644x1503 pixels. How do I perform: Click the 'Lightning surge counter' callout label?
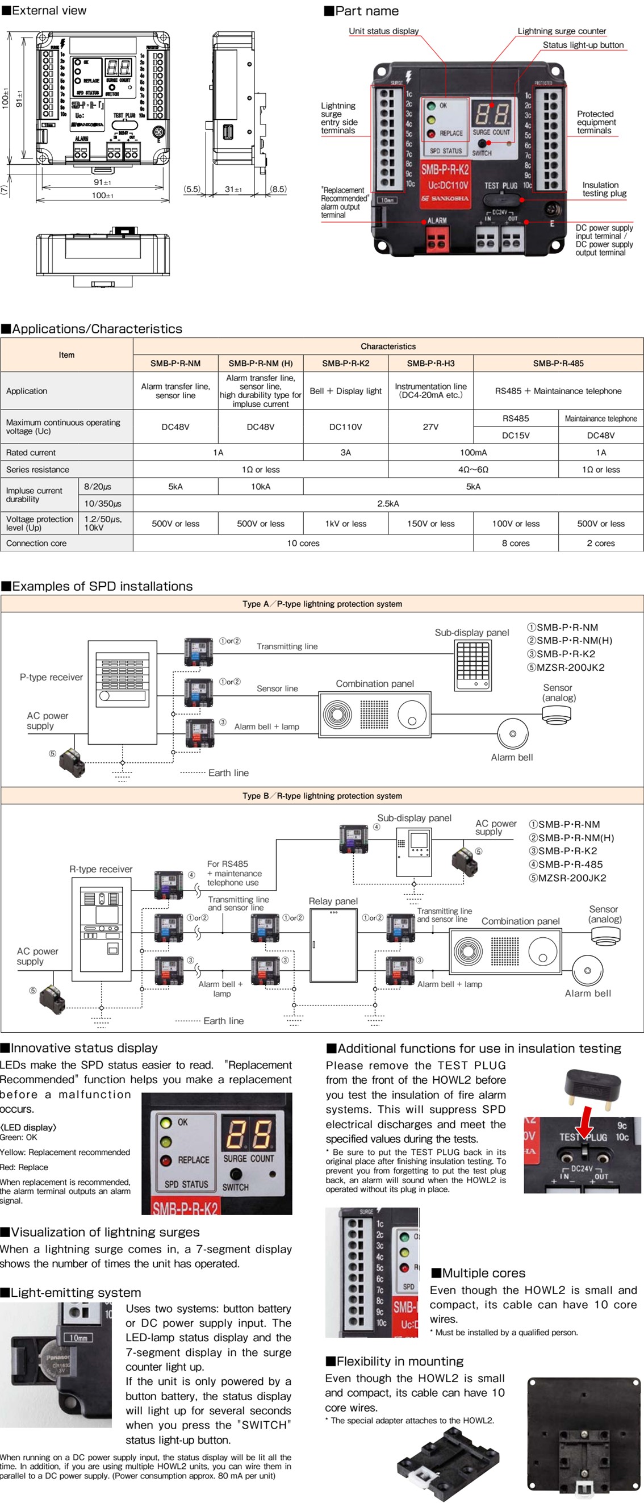pos(561,31)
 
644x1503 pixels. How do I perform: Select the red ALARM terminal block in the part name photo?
pos(437,237)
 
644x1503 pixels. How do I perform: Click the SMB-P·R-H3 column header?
pos(430,363)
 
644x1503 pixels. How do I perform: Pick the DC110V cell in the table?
pos(345,427)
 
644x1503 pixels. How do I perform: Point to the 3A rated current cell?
pos(345,452)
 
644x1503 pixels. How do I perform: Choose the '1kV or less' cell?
pos(345,523)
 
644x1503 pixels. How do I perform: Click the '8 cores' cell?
pos(516,543)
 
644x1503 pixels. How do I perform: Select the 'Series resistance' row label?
pos(37,470)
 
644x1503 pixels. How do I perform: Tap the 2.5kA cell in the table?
pos(388,503)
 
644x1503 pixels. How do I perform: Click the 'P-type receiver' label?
pos(51,678)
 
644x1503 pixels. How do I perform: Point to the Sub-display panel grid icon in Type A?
pos(473,665)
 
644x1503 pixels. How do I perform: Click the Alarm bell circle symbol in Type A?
pos(512,733)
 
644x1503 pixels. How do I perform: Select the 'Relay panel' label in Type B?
pos(333,901)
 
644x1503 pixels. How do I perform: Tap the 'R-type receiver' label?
pos(101,869)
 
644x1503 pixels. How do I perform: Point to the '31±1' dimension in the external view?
pos(233,189)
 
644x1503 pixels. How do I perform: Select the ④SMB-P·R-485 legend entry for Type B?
pos(565,864)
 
